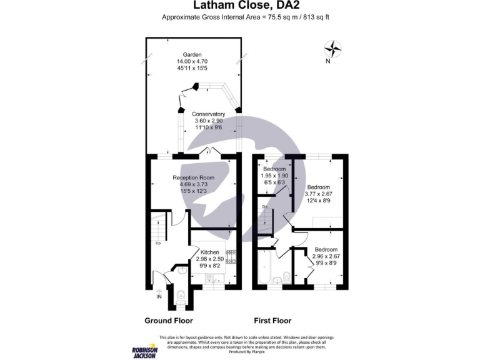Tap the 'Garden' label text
[x=192, y=54]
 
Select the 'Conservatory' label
[x=209, y=114]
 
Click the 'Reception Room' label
[x=193, y=178]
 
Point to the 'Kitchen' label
[x=209, y=252]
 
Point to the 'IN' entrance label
[x=159, y=296]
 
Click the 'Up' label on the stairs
[x=159, y=244]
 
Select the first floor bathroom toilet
[x=284, y=276]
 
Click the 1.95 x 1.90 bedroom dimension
[x=274, y=176]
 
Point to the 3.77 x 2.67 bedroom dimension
[x=319, y=194]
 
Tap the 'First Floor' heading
[x=272, y=321]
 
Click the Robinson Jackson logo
[x=144, y=351]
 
